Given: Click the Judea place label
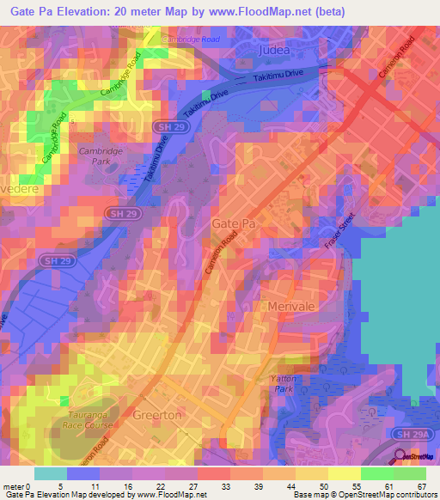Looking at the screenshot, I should click(x=273, y=52).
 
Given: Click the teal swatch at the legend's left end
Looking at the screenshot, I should click(x=50, y=473).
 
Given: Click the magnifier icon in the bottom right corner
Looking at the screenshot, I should click(x=400, y=457).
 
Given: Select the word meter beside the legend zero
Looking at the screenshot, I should click(x=12, y=486).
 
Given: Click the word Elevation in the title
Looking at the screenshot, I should click(x=86, y=11).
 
